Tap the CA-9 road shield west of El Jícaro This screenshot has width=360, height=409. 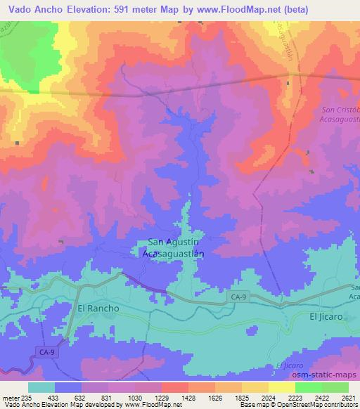pos(238,297)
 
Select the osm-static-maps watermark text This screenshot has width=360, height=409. pos(326,375)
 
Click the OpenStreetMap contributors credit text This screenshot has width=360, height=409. pos(317,405)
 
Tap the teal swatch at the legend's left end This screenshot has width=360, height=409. pos(41,388)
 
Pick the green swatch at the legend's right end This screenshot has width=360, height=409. pos(335,388)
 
